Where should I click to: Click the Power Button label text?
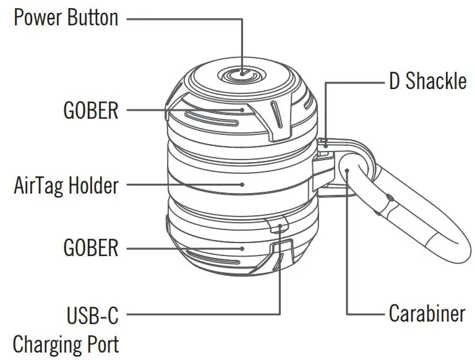[66, 17]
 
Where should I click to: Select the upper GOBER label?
[90, 111]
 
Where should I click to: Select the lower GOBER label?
[90, 248]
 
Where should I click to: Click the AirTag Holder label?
[66, 184]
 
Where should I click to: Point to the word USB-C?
[92, 315]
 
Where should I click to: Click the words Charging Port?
[66, 343]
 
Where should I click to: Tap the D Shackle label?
[427, 82]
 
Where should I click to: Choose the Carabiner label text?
[427, 314]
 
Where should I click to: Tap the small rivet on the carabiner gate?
[390, 199]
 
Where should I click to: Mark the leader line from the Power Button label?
[186, 18]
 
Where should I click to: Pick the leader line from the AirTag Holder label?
[186, 184]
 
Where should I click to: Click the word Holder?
[94, 184]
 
